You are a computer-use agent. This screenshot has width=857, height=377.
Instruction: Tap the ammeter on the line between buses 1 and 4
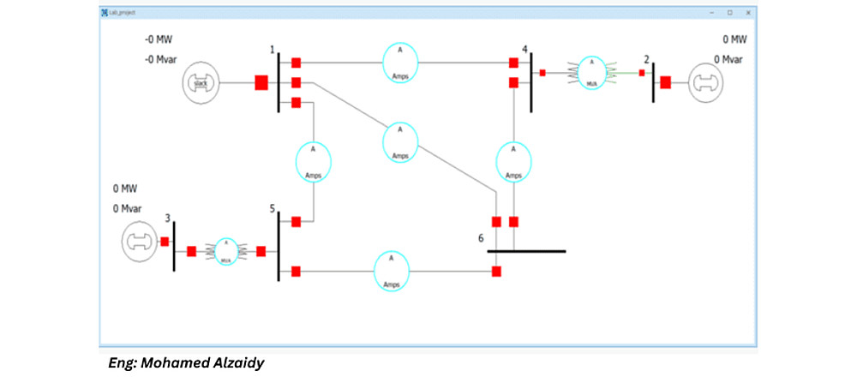(x=399, y=63)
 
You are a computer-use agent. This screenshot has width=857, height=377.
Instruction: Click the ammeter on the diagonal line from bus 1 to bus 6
(x=399, y=142)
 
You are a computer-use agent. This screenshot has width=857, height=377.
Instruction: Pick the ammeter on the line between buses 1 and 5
(x=313, y=160)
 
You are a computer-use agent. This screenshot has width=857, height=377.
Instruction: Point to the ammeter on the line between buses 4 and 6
(x=513, y=161)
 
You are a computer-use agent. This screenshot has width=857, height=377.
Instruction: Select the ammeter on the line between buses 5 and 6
(x=391, y=271)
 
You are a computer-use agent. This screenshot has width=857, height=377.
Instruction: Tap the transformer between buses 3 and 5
(x=225, y=252)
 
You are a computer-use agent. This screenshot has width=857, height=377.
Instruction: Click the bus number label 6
(x=482, y=237)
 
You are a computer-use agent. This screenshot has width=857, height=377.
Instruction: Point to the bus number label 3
(x=168, y=217)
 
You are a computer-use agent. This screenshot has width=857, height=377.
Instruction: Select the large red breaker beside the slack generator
(x=261, y=83)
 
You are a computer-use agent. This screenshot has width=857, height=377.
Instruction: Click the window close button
(x=748, y=13)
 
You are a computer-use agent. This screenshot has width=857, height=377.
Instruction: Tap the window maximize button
(x=729, y=13)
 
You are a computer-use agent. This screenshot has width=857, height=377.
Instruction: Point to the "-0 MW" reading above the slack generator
(x=159, y=39)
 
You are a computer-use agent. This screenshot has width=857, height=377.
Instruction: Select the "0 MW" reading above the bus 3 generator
(x=125, y=188)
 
